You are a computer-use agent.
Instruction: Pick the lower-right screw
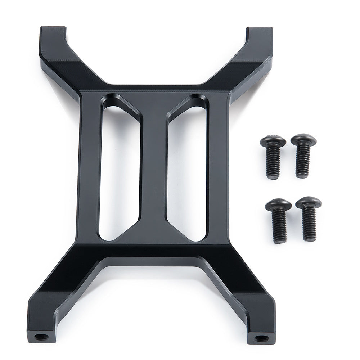coord(309,218)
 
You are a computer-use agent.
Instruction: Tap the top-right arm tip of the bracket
coord(258,32)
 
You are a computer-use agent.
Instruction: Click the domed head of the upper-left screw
coord(273,141)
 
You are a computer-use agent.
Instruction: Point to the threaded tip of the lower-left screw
coord(279,239)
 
